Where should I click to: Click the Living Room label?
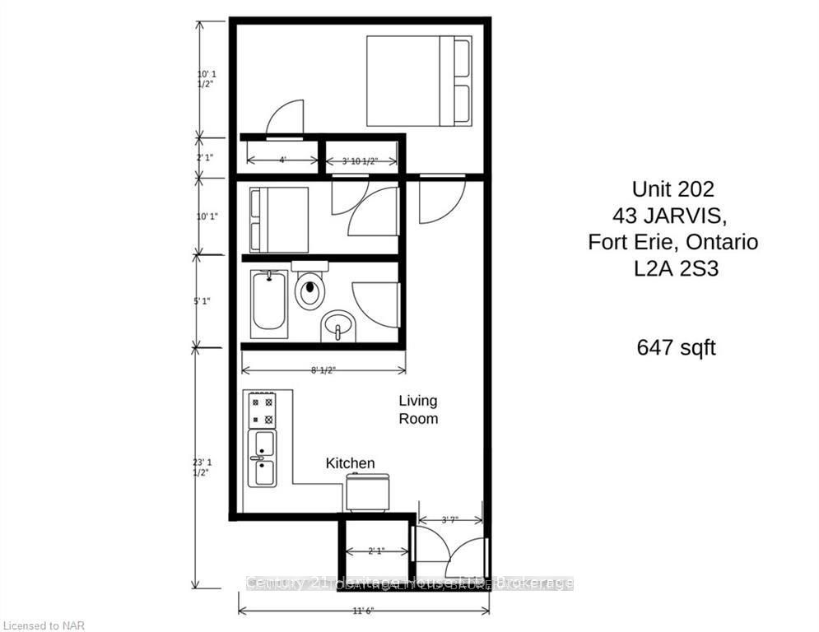(418, 410)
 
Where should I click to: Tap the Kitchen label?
(350, 463)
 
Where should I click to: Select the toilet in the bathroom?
(309, 287)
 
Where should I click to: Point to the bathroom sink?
(337, 326)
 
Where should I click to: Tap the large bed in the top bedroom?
(418, 81)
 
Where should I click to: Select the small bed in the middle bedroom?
(279, 219)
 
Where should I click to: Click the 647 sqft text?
(676, 347)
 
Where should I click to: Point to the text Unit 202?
(672, 188)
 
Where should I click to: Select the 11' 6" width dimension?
(363, 611)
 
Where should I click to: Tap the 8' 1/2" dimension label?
(322, 370)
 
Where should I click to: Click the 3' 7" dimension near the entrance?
(449, 519)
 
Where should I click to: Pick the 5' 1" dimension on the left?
(201, 300)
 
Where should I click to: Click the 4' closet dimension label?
(282, 160)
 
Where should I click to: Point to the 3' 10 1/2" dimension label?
(359, 161)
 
